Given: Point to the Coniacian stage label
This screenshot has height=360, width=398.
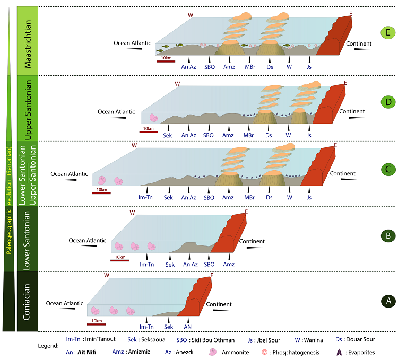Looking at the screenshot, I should (x=28, y=302).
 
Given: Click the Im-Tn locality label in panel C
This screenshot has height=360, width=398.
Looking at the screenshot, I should (x=146, y=198).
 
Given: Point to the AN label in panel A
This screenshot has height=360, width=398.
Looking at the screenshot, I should (x=187, y=327).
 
